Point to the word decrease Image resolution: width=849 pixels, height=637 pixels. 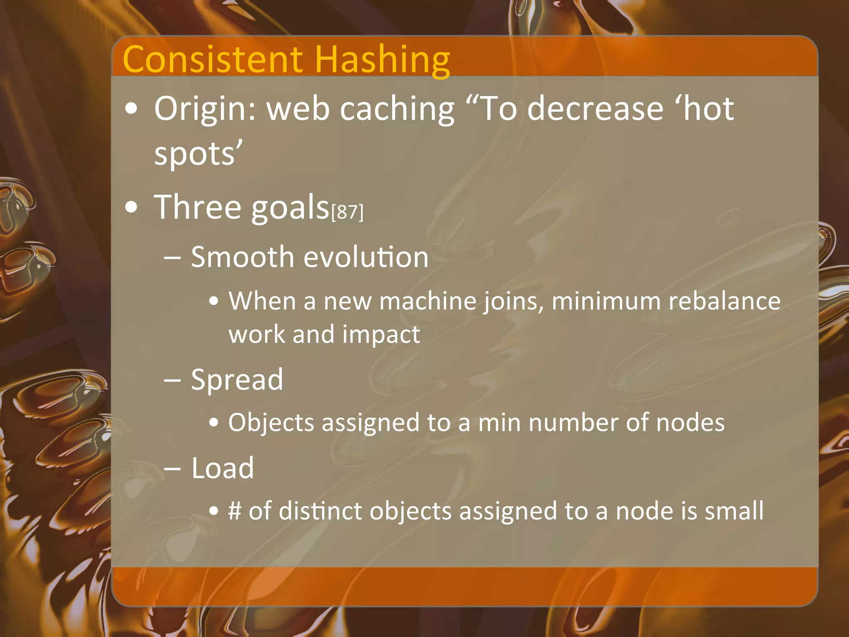(595, 109)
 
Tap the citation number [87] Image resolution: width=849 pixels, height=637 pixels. (347, 212)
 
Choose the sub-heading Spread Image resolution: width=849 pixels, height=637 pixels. (237, 379)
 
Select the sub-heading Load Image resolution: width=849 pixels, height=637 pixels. (223, 468)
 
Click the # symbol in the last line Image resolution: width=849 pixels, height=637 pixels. (235, 511)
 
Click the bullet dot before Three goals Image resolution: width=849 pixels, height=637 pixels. (131, 207)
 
